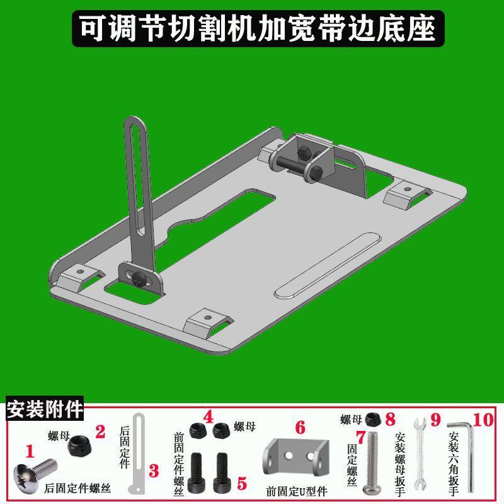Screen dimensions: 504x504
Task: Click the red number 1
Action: point(28,450)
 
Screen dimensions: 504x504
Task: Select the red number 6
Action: point(300,427)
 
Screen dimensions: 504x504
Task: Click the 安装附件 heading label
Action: point(45,410)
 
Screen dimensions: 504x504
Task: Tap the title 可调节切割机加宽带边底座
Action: point(252,28)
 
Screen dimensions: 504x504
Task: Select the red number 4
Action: point(209,417)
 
